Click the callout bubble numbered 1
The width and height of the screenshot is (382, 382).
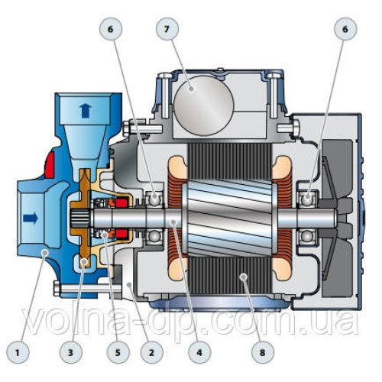tap(18, 352)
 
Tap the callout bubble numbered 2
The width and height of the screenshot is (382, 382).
tap(151, 352)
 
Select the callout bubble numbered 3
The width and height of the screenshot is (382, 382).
tap(70, 352)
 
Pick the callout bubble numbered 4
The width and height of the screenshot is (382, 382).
tap(199, 352)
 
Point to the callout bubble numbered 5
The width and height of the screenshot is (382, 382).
tap(118, 352)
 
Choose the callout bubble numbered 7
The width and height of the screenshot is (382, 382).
tap(167, 29)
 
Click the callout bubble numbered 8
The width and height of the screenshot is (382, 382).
tap(262, 352)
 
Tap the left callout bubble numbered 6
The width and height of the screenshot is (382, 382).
tap(111, 29)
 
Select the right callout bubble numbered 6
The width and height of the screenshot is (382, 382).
tap(345, 29)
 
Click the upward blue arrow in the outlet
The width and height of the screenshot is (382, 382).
tap(86, 111)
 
